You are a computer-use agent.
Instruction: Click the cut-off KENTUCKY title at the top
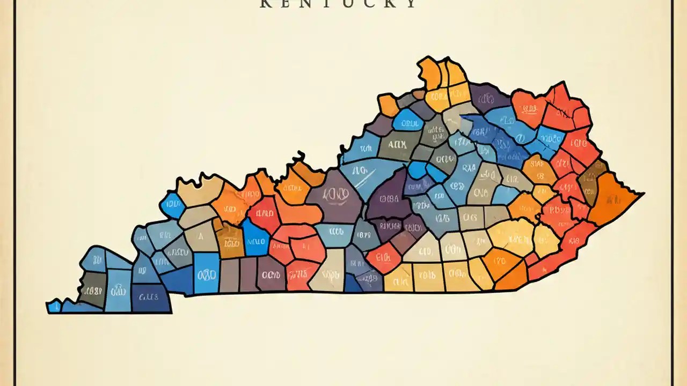[x=338, y=4]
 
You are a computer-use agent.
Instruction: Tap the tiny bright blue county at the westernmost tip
[x=54, y=307]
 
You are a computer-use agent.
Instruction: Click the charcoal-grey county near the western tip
[x=92, y=289]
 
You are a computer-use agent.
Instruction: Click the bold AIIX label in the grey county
[x=397, y=144]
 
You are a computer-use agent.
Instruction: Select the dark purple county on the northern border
[x=488, y=98]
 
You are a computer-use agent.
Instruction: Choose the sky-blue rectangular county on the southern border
[x=206, y=273]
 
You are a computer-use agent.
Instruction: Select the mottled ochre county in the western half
[x=231, y=241]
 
